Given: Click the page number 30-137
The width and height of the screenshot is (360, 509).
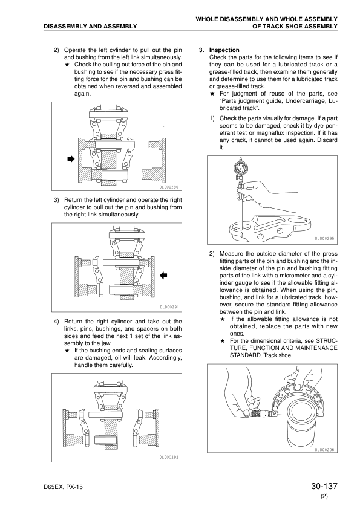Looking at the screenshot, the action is (324, 486).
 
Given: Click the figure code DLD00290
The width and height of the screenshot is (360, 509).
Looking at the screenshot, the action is (169, 187).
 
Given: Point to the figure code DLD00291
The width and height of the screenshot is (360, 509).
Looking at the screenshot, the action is (169, 307).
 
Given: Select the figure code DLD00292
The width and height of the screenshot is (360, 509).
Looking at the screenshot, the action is (169, 458).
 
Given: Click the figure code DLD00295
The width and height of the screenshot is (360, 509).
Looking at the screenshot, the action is (324, 239).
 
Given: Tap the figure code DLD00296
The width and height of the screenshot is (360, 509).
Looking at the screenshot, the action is (324, 450).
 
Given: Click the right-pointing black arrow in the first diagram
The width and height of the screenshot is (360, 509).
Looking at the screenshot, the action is (71, 159).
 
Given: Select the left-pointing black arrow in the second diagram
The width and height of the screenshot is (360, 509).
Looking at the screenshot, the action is (163, 276).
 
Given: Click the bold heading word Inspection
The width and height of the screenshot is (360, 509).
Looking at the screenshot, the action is (224, 50).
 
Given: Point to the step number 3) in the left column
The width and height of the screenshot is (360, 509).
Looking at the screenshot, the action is (56, 200).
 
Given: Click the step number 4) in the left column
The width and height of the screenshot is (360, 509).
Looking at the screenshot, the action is (56, 322).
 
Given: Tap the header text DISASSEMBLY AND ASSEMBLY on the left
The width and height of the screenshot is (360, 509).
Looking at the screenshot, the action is (90, 26).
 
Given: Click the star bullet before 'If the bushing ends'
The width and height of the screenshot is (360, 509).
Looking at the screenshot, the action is (67, 351).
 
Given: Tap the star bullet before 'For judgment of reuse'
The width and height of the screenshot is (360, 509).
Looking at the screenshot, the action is (212, 94).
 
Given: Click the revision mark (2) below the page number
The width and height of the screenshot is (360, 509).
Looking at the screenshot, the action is (324, 496).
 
